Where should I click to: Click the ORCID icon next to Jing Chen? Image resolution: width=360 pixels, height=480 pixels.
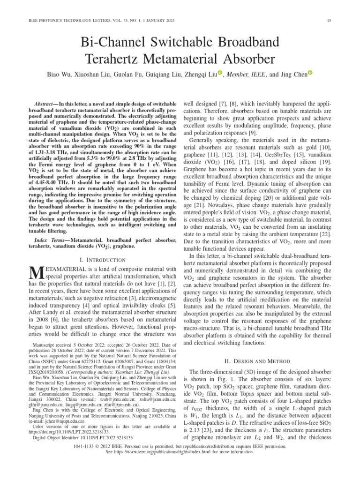(x=310, y=74)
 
